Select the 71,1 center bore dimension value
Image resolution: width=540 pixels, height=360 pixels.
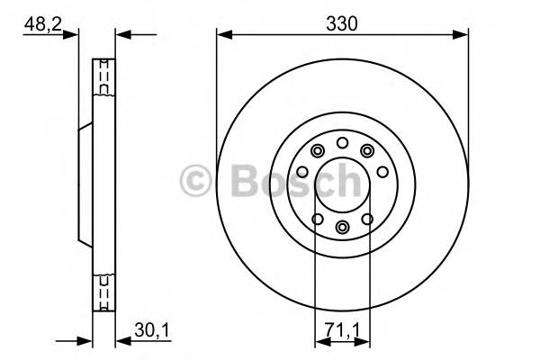(342, 332)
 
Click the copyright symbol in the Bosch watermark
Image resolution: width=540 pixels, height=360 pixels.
(195, 180)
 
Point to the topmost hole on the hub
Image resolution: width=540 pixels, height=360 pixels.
(342, 143)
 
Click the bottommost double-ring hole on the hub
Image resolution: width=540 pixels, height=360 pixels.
(342, 228)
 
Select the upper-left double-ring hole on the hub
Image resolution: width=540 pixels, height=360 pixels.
(317, 151)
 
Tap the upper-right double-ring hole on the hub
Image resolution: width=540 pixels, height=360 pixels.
(367, 151)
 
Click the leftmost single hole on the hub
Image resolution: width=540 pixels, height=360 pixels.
(302, 172)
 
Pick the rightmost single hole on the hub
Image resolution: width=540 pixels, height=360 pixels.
(382, 172)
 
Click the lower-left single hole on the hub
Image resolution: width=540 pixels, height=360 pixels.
(317, 219)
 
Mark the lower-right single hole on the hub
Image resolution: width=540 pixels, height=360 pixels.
(367, 219)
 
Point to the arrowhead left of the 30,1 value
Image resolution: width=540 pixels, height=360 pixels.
(122, 341)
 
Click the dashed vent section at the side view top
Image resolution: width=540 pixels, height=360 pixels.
(104, 78)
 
